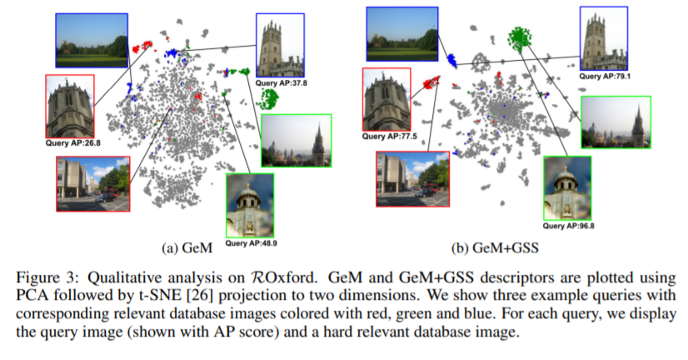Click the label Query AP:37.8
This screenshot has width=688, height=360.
[282, 83]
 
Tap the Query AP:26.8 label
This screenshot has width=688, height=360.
[72, 142]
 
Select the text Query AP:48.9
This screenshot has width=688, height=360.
[251, 242]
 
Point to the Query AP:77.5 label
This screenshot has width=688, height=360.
[389, 136]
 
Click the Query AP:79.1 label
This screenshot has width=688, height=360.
[605, 76]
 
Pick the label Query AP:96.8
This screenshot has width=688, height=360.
[569, 226]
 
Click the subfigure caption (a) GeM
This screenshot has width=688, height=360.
[187, 248]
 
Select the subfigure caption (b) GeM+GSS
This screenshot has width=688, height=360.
[495, 248]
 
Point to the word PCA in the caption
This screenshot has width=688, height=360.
[31, 295]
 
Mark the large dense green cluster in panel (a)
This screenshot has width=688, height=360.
[267, 99]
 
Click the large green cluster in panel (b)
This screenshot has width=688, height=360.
[520, 37]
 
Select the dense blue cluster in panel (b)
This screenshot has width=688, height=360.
[451, 61]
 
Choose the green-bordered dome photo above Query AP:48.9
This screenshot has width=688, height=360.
[250, 206]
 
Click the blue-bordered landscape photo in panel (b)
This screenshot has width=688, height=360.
[402, 34]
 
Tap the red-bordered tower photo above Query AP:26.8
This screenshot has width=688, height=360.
[70, 106]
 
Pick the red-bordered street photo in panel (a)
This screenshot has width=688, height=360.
[93, 183]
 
